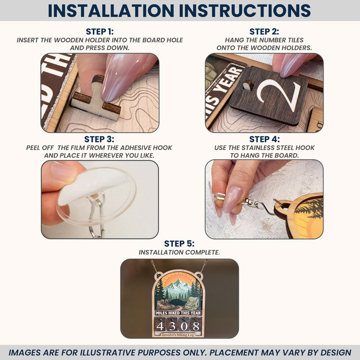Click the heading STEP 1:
point(100,32)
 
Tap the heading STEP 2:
point(264,32)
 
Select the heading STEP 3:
point(99,139)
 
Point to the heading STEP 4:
point(264,139)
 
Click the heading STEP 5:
point(179,243)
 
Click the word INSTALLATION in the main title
point(111,11)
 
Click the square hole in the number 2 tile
point(248,85)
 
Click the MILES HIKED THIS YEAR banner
point(178,313)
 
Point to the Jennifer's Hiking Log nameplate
point(178,335)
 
